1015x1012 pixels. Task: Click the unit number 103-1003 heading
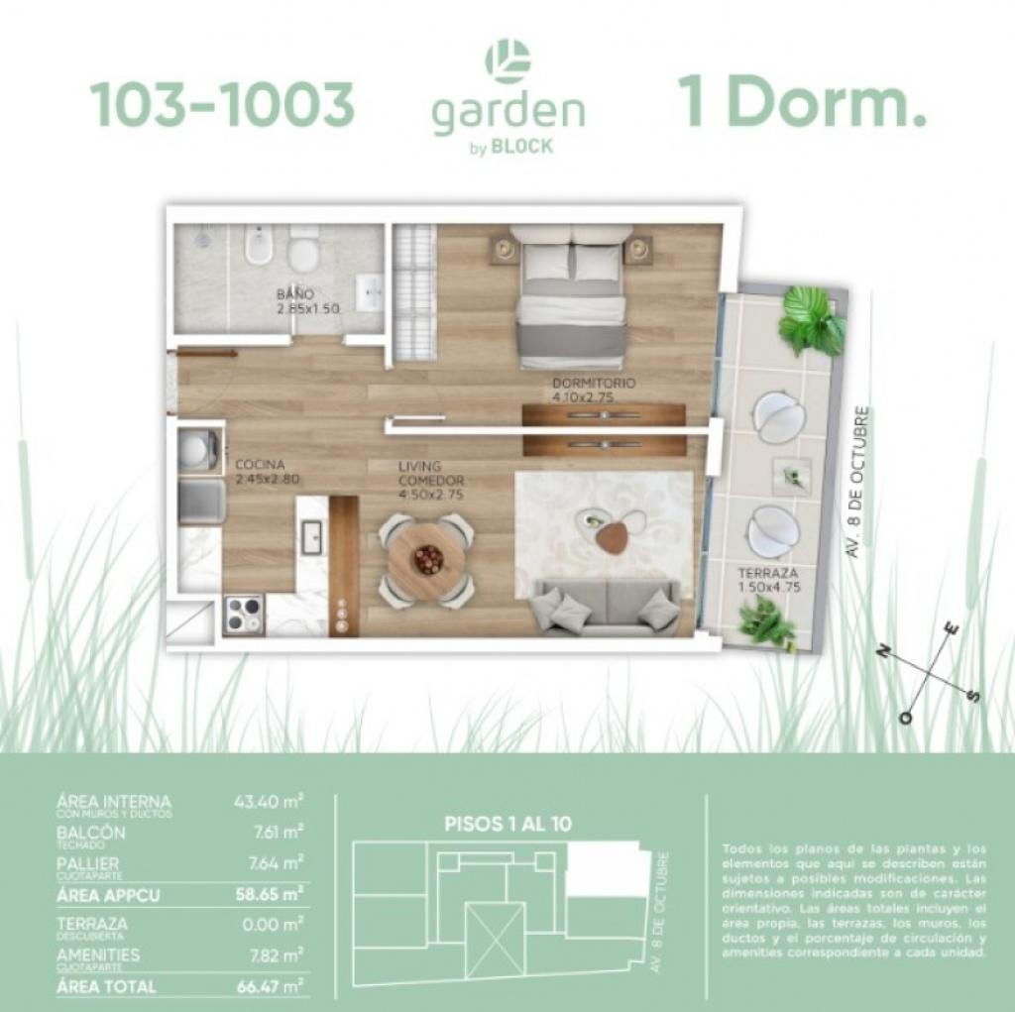pos(222,105)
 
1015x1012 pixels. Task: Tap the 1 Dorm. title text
pos(802,105)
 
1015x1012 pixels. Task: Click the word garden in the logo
pos(507,113)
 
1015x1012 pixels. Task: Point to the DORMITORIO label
pos(594,383)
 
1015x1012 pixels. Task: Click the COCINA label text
pos(261,464)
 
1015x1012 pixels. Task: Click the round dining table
pos(426,559)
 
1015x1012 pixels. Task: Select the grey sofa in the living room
pos(606,606)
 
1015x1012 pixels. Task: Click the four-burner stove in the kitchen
pos(244,614)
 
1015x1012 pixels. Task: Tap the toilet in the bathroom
pos(305,248)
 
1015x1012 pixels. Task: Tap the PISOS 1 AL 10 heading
pos(507,823)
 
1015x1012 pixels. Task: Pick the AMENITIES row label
pos(98,954)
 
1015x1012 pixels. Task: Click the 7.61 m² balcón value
pos(276,832)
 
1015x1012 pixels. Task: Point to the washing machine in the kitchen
pos(198,450)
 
